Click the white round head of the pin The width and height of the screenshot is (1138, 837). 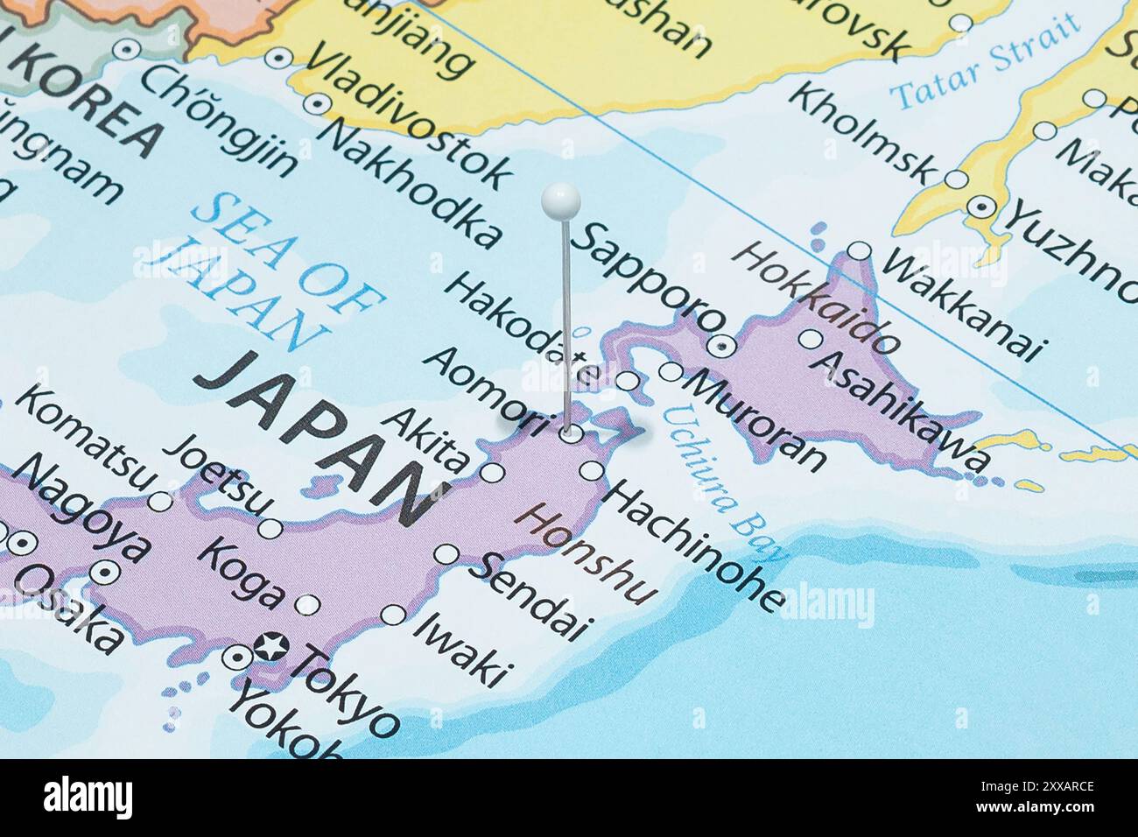click(x=560, y=200)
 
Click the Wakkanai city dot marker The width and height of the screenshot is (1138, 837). click(x=860, y=252)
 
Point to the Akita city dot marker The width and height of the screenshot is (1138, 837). click(x=493, y=474)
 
